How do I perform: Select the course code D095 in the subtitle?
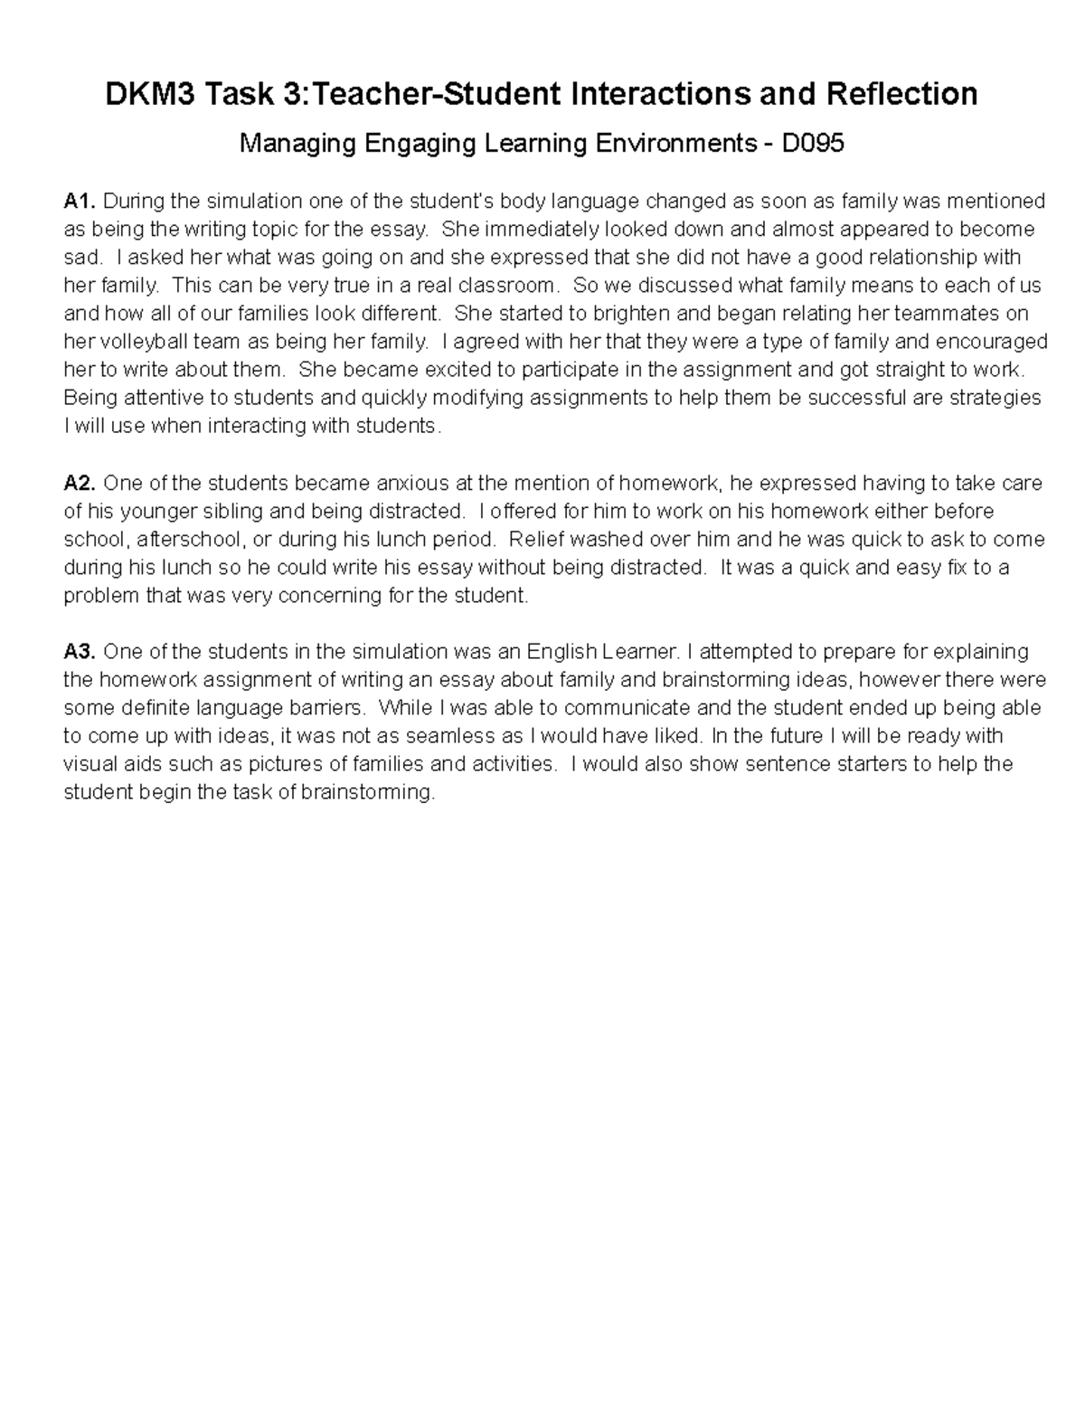click(x=813, y=143)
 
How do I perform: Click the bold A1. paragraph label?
click(x=80, y=201)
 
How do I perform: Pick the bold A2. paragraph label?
click(x=80, y=483)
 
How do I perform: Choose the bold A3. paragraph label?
click(x=80, y=652)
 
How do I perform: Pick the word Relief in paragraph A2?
click(x=534, y=540)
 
